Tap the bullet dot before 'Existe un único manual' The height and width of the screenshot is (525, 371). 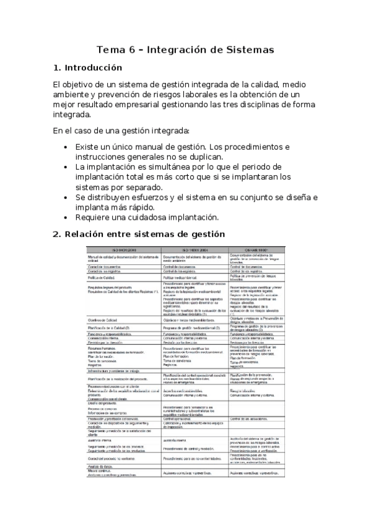pyautogui.click(x=66, y=147)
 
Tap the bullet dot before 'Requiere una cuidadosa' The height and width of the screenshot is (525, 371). pyautogui.click(x=66, y=217)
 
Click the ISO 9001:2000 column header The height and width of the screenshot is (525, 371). pyautogui.click(x=123, y=250)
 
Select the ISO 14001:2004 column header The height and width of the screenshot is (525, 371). pyautogui.click(x=194, y=250)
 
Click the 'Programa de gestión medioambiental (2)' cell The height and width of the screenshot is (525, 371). pyautogui.click(x=193, y=328)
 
